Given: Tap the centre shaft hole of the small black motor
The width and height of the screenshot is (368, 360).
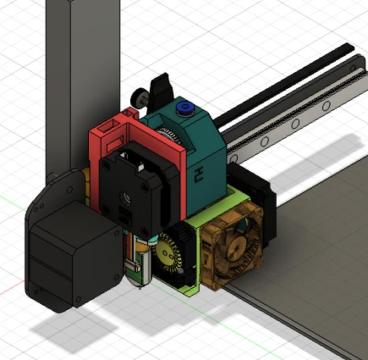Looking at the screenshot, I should pos(125,198).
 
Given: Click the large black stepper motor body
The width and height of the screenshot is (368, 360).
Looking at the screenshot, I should pos(69,258).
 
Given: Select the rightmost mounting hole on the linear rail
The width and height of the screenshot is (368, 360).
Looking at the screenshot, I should pos(326,106).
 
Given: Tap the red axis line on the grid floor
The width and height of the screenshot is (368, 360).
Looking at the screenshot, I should pos(11,289).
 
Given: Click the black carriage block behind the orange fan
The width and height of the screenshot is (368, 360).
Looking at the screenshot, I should pos(262,193).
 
